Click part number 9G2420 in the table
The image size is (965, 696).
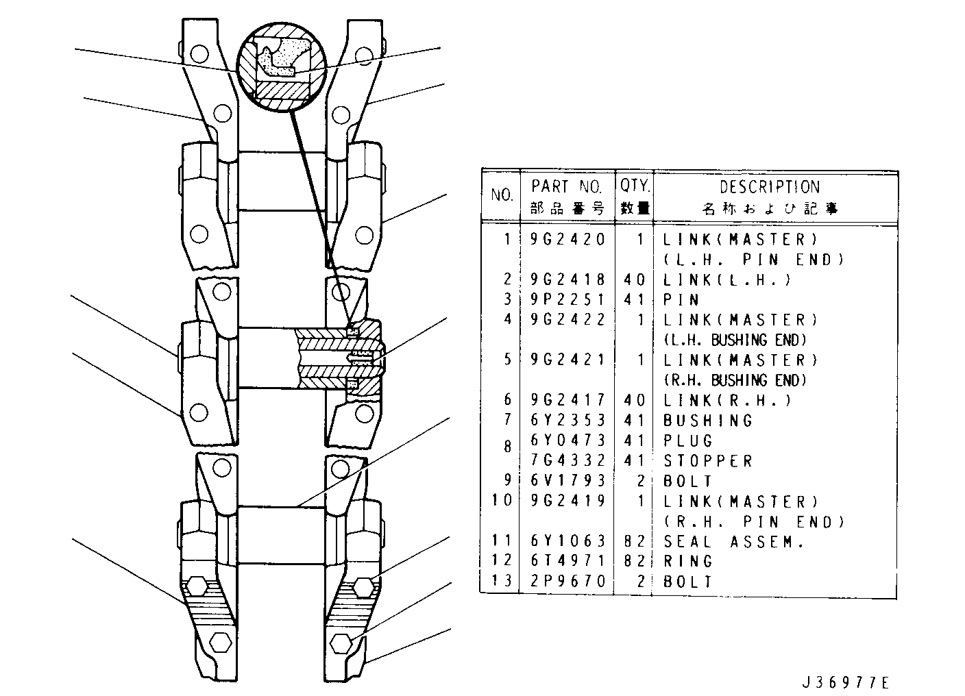pyautogui.click(x=567, y=239)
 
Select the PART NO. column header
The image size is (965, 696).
pyautogui.click(x=567, y=186)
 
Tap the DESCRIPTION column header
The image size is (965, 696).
pyautogui.click(x=770, y=187)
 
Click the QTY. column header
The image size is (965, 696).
pyautogui.click(x=635, y=186)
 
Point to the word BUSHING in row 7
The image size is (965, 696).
pyautogui.click(x=708, y=421)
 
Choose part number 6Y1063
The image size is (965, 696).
pyautogui.click(x=567, y=541)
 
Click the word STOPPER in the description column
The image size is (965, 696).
pyautogui.click(x=708, y=461)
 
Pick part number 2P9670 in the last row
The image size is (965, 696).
pyautogui.click(x=567, y=581)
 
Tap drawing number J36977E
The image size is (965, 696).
pyautogui.click(x=845, y=683)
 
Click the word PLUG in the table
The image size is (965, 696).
pyautogui.click(x=688, y=440)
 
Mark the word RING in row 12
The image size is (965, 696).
pyautogui.click(x=688, y=561)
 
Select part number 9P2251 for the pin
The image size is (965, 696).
pyautogui.click(x=567, y=299)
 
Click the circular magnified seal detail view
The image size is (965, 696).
pyautogui.click(x=281, y=67)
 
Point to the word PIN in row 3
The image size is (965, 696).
pyautogui.click(x=681, y=300)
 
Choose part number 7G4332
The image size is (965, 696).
pyautogui.click(x=567, y=460)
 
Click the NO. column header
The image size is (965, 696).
pyautogui.click(x=502, y=195)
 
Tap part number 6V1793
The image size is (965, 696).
pyautogui.click(x=567, y=480)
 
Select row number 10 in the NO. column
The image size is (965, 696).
pyautogui.click(x=502, y=501)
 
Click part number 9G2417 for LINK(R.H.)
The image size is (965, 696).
pyautogui.click(x=567, y=400)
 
